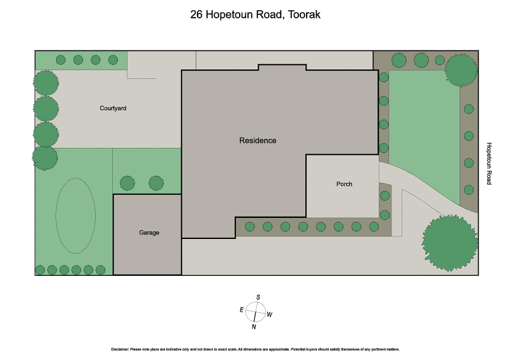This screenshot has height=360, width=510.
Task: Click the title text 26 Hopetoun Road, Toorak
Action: pyautogui.click(x=255, y=14)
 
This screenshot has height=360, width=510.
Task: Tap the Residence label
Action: pyautogui.click(x=258, y=140)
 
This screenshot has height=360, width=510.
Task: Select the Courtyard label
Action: pyautogui.click(x=113, y=108)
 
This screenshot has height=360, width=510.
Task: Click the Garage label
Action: pyautogui.click(x=149, y=233)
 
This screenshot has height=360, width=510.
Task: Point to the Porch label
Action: pyautogui.click(x=344, y=184)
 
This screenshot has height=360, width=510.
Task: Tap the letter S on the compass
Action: pyautogui.click(x=258, y=297)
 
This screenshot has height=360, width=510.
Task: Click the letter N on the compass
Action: pyautogui.click(x=254, y=327)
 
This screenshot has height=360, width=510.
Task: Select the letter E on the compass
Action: pyautogui.click(x=242, y=310)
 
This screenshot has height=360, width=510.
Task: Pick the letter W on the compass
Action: pyautogui.click(x=270, y=314)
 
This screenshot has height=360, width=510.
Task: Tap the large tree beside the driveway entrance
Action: pyautogui.click(x=449, y=243)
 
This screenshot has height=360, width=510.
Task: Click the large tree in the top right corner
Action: pyautogui.click(x=461, y=69)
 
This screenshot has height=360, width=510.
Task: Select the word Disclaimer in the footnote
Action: pyautogui.click(x=120, y=350)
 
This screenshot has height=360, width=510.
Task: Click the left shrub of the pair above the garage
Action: pyautogui.click(x=127, y=184)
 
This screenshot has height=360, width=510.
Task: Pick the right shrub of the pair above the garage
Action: pyautogui.click(x=156, y=184)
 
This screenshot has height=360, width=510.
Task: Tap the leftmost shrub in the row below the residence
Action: pyautogui.click(x=250, y=226)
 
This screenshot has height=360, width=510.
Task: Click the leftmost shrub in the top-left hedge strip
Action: pyautogui.click(x=61, y=60)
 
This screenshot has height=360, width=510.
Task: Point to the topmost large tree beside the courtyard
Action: pyautogui.click(x=46, y=83)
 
